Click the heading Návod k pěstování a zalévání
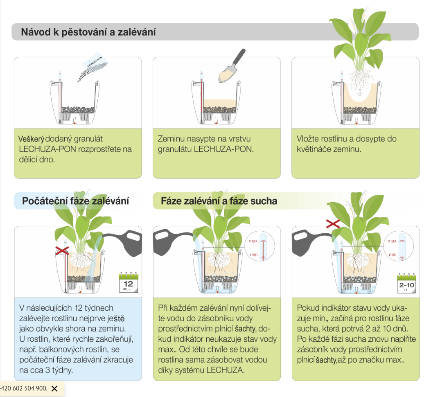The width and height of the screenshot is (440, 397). click(x=88, y=32)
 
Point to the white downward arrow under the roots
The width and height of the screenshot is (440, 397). click(x=359, y=93)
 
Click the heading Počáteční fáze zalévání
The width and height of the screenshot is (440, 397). click(x=76, y=201)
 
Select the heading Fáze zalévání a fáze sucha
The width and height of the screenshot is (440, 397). click(x=219, y=201)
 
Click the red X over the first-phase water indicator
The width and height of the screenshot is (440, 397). click(x=62, y=250)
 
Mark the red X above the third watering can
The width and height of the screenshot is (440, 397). click(x=332, y=223)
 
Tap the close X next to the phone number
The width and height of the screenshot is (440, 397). click(x=55, y=388)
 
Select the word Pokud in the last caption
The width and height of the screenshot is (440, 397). click(x=307, y=308)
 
